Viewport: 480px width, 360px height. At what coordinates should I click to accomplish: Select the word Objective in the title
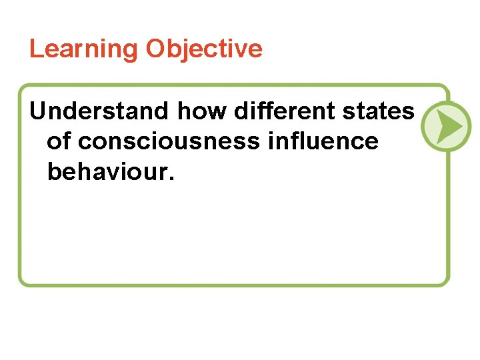click(205, 49)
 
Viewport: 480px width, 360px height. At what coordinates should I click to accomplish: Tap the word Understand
click(99, 111)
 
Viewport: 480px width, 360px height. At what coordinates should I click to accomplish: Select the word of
click(59, 141)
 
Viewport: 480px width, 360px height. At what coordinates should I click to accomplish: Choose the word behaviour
click(109, 171)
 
